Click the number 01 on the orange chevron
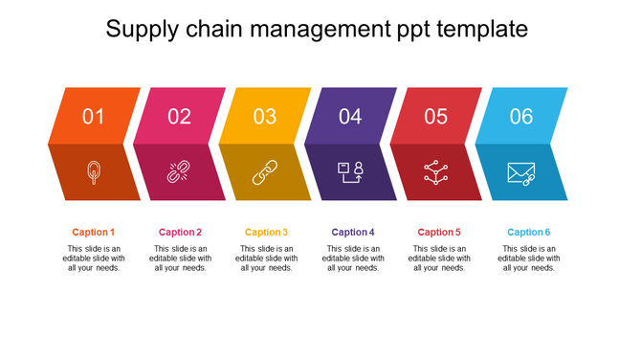[x=93, y=117]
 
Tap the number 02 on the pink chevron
[x=179, y=117]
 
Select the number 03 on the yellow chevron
[x=265, y=117]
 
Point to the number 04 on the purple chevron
[x=350, y=117]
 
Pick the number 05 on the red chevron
[x=435, y=117]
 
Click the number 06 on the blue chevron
[x=521, y=117]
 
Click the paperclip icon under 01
[x=93, y=172]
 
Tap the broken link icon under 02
[x=179, y=172]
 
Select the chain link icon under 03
[x=265, y=172]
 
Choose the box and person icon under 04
[x=350, y=172]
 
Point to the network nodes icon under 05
[x=435, y=172]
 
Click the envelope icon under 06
[x=521, y=173]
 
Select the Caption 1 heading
[x=94, y=232]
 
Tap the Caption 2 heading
[x=180, y=232]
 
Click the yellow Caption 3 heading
[x=266, y=232]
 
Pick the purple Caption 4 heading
[x=353, y=232]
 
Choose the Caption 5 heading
[x=439, y=232]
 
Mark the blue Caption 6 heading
[x=528, y=232]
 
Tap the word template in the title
[x=481, y=30]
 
